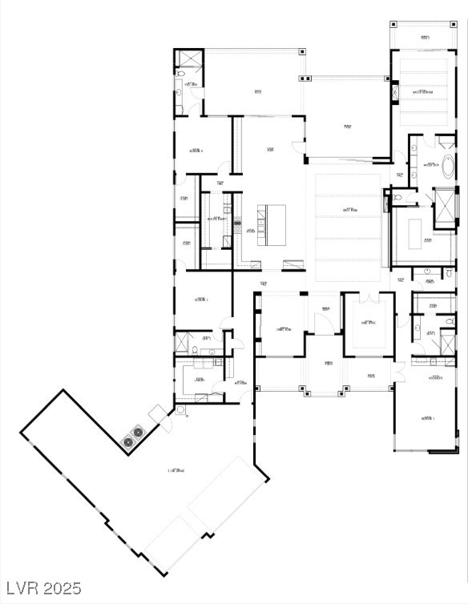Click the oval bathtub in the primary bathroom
(x=447, y=167)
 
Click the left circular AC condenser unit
(x=128, y=441)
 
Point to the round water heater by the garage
(x=180, y=410)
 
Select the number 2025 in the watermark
(x=62, y=589)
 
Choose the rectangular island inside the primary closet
(x=417, y=233)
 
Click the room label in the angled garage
(x=175, y=470)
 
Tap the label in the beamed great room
(x=349, y=211)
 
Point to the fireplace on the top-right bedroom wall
(x=393, y=95)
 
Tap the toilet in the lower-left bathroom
(x=195, y=349)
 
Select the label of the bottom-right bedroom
(x=427, y=418)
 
